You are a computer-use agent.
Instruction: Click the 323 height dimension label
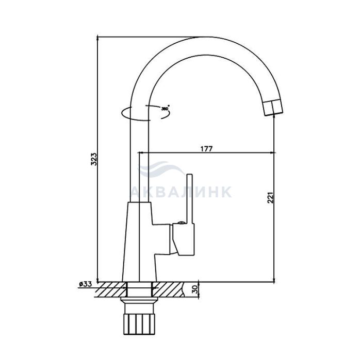click(x=94, y=159)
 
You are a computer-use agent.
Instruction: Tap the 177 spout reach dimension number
click(x=206, y=149)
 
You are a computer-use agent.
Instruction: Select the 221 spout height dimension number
click(x=270, y=197)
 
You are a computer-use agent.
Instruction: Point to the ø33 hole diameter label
click(x=86, y=284)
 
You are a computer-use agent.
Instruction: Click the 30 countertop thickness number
click(x=194, y=289)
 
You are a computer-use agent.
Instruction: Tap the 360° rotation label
click(x=165, y=109)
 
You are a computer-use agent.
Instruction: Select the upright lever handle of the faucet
click(x=189, y=199)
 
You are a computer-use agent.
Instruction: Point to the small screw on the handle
click(x=182, y=222)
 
